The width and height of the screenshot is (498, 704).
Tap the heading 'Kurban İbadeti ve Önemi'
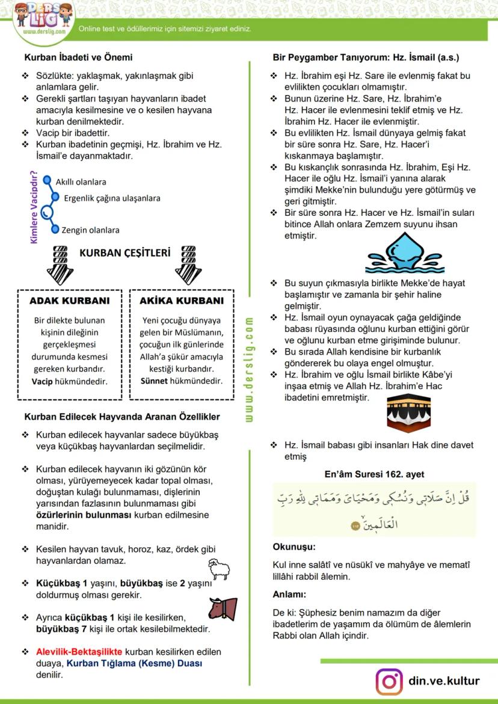[x=78, y=58]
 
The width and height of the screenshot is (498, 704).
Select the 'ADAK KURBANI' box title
[x=70, y=301]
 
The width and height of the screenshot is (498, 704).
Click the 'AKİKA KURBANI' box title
[x=182, y=301]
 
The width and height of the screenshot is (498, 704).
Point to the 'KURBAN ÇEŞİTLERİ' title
[x=125, y=253]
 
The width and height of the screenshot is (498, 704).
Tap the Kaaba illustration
[x=409, y=412]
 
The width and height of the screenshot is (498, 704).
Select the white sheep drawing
[x=220, y=568]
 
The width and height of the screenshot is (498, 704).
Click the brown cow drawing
[x=222, y=608]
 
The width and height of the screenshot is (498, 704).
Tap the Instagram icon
[x=389, y=681]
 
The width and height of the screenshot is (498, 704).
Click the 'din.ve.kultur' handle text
[x=444, y=681]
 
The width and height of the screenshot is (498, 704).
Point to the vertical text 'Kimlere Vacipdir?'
[x=34, y=208]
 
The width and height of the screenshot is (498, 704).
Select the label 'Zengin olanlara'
[x=90, y=230]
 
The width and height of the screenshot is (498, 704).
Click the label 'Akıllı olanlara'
[x=81, y=181]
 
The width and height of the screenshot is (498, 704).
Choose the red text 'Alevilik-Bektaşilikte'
[x=79, y=652]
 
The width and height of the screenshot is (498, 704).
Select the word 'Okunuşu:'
[x=294, y=547]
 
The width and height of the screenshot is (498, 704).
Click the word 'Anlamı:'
[x=290, y=595]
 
